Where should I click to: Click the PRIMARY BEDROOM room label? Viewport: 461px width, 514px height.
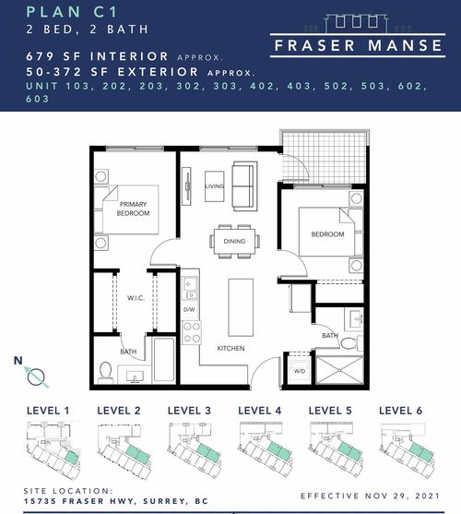click(134, 209)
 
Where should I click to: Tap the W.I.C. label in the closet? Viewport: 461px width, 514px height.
click(133, 298)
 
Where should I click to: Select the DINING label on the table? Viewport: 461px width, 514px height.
click(234, 242)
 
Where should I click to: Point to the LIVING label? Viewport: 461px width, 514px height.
click(215, 185)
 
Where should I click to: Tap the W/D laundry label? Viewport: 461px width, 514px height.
click(300, 372)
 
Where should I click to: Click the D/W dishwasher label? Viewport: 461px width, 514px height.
click(190, 309)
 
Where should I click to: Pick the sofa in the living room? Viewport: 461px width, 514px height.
click(244, 185)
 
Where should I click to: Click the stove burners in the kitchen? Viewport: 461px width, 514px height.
click(192, 332)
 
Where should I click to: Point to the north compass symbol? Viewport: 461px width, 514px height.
click(33, 373)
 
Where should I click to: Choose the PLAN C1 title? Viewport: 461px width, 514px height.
click(65, 13)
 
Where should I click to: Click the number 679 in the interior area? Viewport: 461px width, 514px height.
click(41, 56)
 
